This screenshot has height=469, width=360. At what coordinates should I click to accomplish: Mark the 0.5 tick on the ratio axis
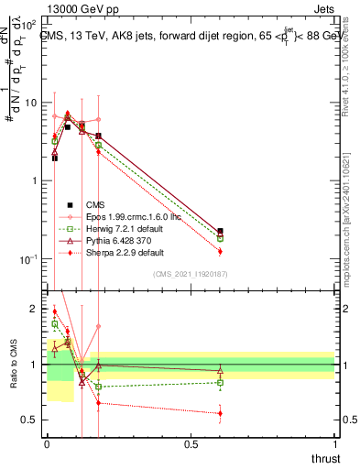[33, 420]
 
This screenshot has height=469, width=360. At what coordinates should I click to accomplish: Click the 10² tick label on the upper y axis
[30, 26]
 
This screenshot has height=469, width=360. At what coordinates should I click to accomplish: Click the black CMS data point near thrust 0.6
[220, 232]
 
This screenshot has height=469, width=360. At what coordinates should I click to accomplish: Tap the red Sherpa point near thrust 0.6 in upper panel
[220, 251]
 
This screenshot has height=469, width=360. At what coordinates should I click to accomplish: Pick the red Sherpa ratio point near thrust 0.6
[220, 413]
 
